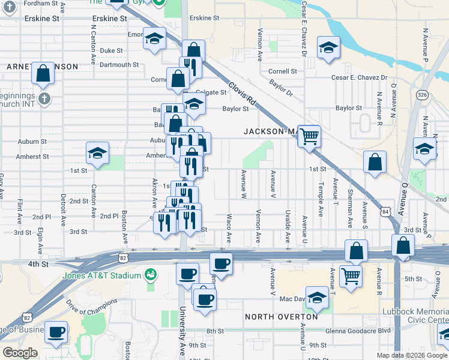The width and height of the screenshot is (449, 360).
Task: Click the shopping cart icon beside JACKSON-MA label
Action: (309, 136)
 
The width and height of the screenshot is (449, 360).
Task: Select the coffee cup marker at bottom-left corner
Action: (56, 332)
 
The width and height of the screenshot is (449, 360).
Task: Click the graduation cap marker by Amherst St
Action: (97, 152)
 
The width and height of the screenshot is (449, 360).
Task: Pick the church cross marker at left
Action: (43, 98)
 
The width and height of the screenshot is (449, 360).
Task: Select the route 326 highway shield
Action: (423, 95)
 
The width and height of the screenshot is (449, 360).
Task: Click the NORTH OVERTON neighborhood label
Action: (282, 316)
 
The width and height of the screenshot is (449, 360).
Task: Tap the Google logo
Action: (20, 353)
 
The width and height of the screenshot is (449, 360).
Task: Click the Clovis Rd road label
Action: (242, 94)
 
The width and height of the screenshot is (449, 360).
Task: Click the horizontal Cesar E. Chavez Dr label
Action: (360, 77)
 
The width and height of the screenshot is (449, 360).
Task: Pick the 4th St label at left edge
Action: (37, 263)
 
